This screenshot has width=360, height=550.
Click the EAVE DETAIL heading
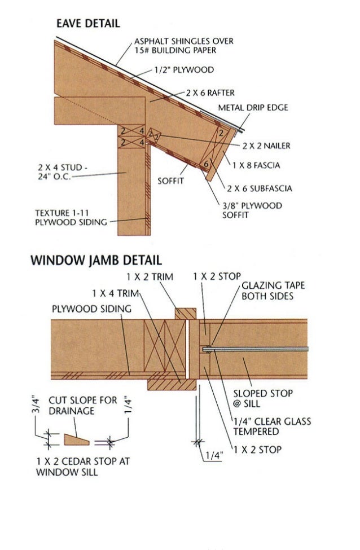pyautogui.click(x=87, y=23)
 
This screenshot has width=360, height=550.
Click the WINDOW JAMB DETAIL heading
pyautogui.click(x=96, y=260)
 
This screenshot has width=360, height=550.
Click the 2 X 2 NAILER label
pyautogui.click(x=266, y=146)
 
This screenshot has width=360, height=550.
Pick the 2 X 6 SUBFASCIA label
pyautogui.click(x=260, y=188)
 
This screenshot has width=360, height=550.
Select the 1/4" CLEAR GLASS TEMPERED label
pyautogui.click(x=273, y=426)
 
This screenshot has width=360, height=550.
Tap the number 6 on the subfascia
pyautogui.click(x=206, y=164)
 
